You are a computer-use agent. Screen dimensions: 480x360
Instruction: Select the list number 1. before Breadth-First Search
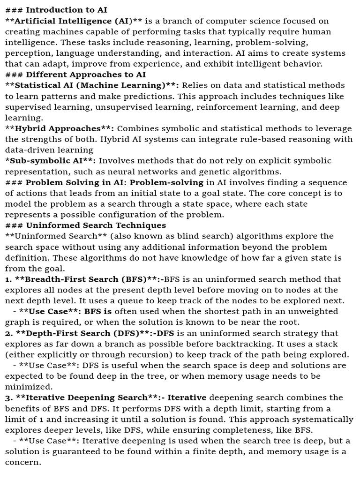pyautogui.click(x=8, y=279)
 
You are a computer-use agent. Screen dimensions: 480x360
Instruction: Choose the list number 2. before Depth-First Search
pyautogui.click(x=9, y=333)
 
